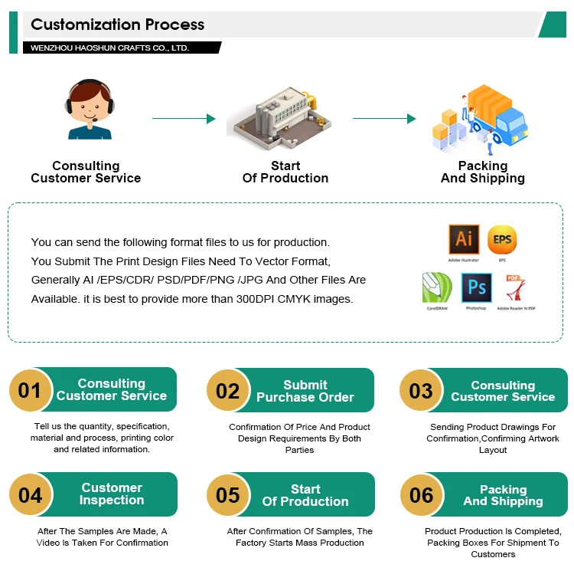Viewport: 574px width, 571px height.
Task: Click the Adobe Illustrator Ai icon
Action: [x=464, y=239]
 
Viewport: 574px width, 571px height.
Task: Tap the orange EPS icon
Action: [x=502, y=239]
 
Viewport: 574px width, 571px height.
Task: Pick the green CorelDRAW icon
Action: [x=436, y=289]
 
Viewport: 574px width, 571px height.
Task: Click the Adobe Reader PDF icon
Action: [x=515, y=288]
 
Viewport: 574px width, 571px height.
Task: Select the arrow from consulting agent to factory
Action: [x=184, y=119]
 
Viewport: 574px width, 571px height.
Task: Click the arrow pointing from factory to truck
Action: [x=383, y=119]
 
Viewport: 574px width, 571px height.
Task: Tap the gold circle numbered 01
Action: [x=31, y=390]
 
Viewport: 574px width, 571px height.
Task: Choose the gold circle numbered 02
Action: [x=228, y=391]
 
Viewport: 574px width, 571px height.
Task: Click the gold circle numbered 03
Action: [x=422, y=391]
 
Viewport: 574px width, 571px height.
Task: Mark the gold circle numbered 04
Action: [x=31, y=494]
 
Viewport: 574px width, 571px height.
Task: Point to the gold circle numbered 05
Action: [x=228, y=495]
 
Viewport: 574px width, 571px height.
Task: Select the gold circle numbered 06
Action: [x=422, y=495]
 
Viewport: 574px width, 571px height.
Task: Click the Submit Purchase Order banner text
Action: [x=305, y=391]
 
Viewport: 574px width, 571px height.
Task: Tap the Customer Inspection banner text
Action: [x=112, y=494]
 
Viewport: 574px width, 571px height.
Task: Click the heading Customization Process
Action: [x=118, y=25]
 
